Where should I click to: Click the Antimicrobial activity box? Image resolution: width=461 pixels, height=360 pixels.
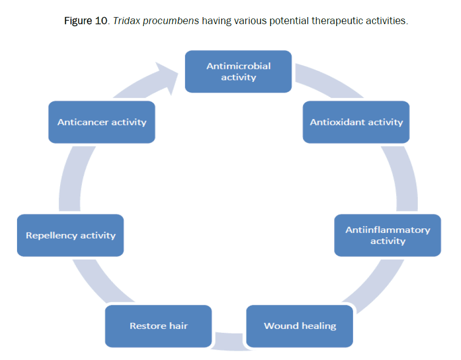click(x=238, y=71)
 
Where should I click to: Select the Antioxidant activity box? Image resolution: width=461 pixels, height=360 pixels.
click(x=356, y=122)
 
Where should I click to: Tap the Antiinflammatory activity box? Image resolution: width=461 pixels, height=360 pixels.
click(x=388, y=235)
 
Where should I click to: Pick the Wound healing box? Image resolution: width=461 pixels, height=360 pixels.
click(x=299, y=326)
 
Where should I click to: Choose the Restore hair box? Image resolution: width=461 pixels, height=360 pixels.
click(x=159, y=326)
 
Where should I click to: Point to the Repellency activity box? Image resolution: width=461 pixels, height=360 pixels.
click(x=70, y=235)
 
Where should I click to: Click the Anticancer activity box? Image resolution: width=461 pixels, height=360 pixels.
click(x=101, y=122)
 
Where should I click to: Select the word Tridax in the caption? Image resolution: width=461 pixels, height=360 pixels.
click(x=126, y=22)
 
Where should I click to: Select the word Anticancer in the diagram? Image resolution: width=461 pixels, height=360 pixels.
click(x=81, y=122)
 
